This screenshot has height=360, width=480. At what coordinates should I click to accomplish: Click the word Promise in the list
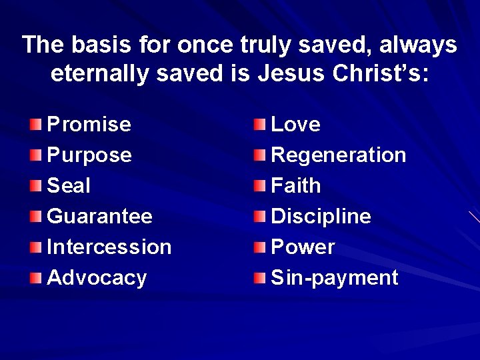(x=89, y=125)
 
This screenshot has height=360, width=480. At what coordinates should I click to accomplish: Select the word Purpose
(x=89, y=155)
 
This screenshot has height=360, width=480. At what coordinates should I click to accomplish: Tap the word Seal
(x=69, y=186)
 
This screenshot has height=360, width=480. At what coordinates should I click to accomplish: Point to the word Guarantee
(x=99, y=217)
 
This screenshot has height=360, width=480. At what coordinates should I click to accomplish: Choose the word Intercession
(x=109, y=247)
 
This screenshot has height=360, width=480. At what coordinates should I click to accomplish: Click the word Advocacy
(x=97, y=278)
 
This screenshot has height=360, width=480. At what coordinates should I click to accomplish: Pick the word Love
(x=295, y=125)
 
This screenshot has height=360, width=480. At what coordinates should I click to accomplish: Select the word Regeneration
(x=339, y=155)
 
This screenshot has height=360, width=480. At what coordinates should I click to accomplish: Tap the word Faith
(x=295, y=186)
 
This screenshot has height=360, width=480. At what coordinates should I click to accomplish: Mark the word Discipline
(x=321, y=217)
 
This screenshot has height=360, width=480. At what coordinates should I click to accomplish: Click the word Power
(x=303, y=247)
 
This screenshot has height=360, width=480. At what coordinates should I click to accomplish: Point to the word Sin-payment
(x=334, y=278)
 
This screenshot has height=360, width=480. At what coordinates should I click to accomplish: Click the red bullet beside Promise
(x=35, y=125)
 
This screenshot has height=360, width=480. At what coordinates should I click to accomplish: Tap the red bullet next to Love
(x=259, y=125)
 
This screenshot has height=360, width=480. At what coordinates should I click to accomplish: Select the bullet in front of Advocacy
(x=35, y=278)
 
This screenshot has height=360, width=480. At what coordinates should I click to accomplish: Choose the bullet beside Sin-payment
(x=259, y=278)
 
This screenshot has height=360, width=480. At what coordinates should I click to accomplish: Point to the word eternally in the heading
(x=100, y=74)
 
